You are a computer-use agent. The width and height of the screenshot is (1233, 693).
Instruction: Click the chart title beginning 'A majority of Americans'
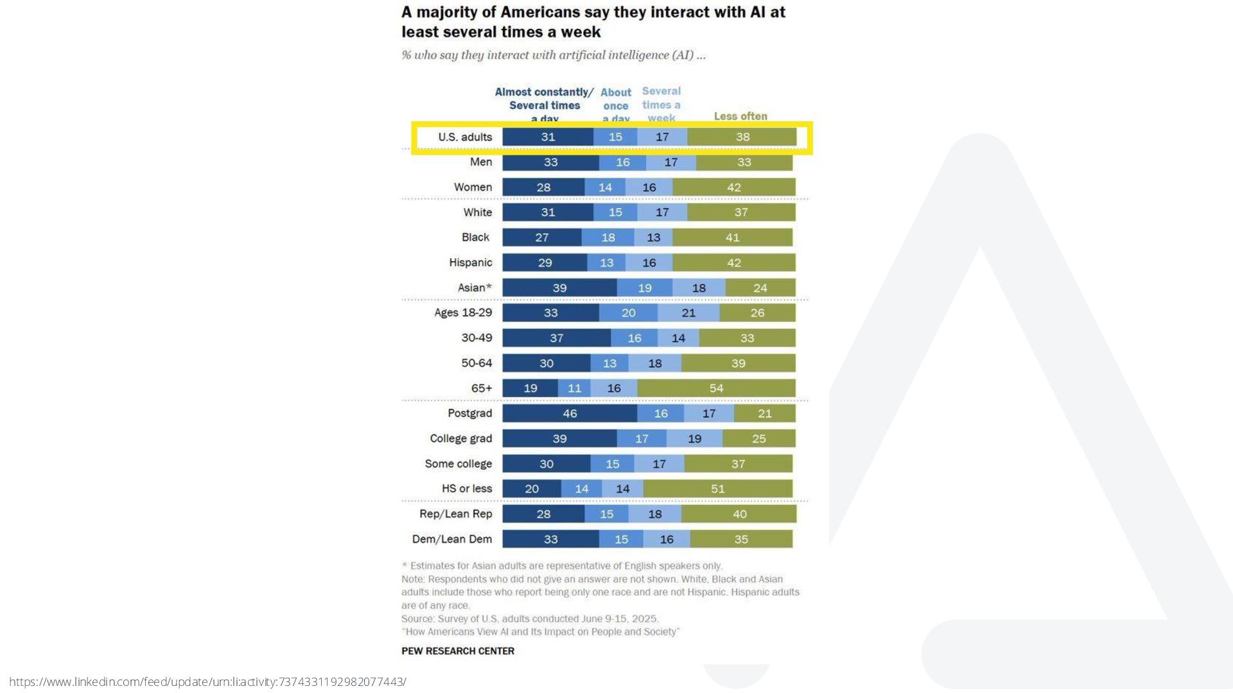point(593,22)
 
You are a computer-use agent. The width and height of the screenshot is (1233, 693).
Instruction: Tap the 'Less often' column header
point(740,116)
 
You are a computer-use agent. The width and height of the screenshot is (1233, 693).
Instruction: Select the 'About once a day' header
point(616,106)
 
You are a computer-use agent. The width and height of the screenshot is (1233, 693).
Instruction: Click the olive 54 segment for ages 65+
point(716,388)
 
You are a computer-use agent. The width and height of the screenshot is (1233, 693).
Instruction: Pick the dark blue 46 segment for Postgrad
point(570,414)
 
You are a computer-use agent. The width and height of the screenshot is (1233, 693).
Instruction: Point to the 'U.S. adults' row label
point(465,137)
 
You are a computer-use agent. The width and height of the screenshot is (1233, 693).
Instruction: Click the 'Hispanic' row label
point(470,262)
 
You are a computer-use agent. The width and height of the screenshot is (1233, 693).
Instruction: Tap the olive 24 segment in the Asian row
point(760,288)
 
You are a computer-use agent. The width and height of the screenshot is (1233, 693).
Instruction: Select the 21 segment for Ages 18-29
point(688,313)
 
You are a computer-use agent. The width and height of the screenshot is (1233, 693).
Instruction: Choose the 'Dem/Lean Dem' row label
point(451,539)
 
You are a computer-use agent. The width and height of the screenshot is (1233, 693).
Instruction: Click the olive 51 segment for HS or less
point(717,489)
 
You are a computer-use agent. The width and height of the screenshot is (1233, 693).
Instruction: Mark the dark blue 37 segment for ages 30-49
point(556,338)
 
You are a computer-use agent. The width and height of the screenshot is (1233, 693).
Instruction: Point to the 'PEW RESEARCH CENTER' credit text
point(458,651)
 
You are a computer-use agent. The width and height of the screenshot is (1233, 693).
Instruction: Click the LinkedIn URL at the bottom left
point(207,681)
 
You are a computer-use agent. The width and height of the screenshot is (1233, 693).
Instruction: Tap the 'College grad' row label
point(460,438)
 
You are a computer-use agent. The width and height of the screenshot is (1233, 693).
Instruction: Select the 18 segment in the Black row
point(608,237)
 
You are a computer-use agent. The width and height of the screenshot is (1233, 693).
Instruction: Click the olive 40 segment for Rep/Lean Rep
point(739,514)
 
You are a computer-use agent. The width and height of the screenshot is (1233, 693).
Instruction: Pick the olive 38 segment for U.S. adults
point(742,137)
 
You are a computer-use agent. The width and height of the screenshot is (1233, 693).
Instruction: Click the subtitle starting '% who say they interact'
point(553,55)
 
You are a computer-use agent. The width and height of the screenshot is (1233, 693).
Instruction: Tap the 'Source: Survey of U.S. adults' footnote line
point(530,619)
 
